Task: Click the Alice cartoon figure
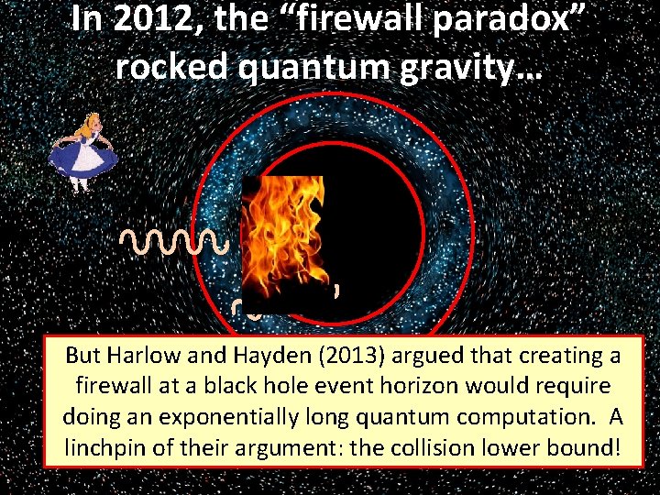[83, 150]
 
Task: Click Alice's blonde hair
[85, 121]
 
